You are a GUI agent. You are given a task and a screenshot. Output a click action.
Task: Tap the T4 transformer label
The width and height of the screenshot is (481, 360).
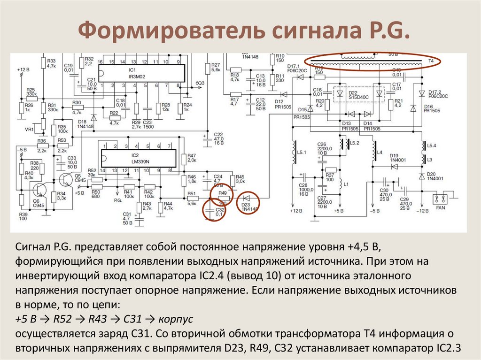point(431,61)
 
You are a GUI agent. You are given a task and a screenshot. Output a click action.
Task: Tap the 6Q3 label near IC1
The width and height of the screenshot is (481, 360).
point(200,83)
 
